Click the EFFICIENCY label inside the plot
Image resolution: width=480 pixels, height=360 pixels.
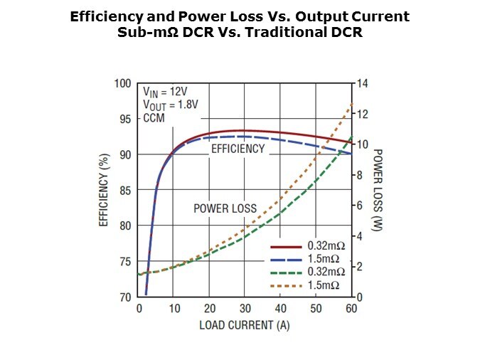(x=238, y=149)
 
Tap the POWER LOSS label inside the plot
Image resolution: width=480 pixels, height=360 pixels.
(x=225, y=208)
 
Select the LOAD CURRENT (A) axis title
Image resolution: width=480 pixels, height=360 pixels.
(x=245, y=325)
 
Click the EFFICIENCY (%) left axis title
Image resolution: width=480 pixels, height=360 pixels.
(x=104, y=190)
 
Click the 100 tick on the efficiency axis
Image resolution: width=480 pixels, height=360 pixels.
(x=123, y=84)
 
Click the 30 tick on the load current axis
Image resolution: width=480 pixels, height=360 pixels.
(x=245, y=309)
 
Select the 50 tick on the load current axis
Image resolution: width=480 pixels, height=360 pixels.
(x=315, y=309)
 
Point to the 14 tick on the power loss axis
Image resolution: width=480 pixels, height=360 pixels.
(x=362, y=84)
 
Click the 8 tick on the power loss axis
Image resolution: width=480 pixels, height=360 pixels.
(x=360, y=175)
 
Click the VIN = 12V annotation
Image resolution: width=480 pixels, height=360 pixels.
(x=166, y=92)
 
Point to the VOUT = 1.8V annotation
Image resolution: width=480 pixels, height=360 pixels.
(x=171, y=105)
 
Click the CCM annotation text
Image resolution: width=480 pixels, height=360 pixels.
(x=154, y=117)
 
